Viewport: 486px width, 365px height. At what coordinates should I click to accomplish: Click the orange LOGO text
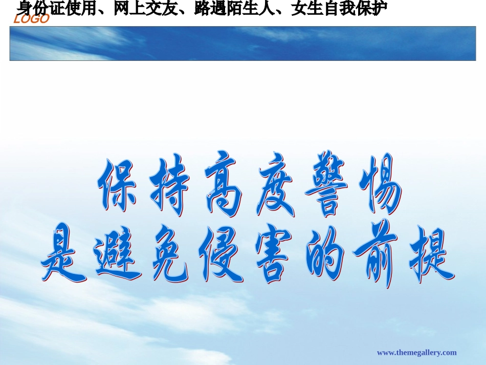coord(32,20)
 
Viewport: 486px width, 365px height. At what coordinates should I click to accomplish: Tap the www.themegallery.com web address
coord(416,352)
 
